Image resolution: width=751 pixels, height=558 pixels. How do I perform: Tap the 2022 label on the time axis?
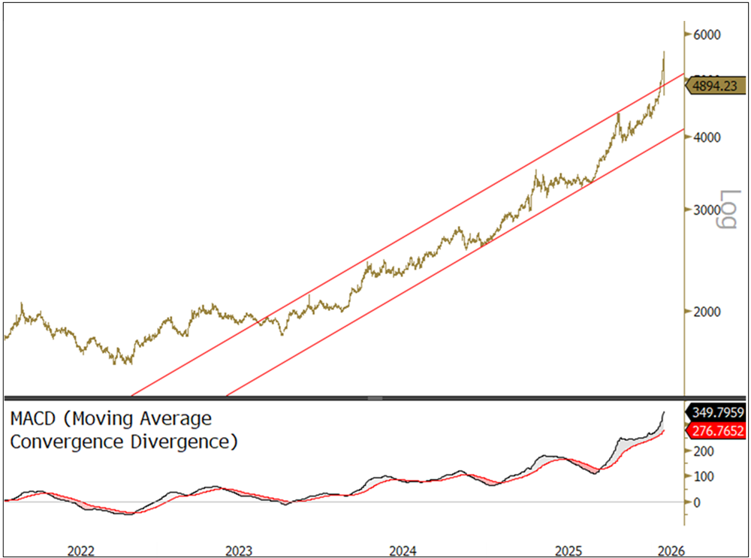click(80, 549)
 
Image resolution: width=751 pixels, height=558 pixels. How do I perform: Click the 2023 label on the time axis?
click(238, 549)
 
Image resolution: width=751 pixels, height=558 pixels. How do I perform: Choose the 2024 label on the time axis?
click(403, 549)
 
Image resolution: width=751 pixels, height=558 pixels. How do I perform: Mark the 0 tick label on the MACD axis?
click(698, 502)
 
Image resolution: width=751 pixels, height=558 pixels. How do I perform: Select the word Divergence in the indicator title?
click(179, 442)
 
